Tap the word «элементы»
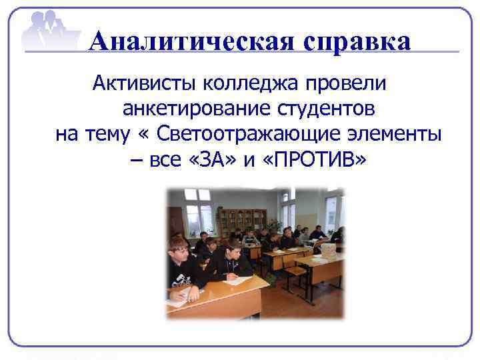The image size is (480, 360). click(x=393, y=134)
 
